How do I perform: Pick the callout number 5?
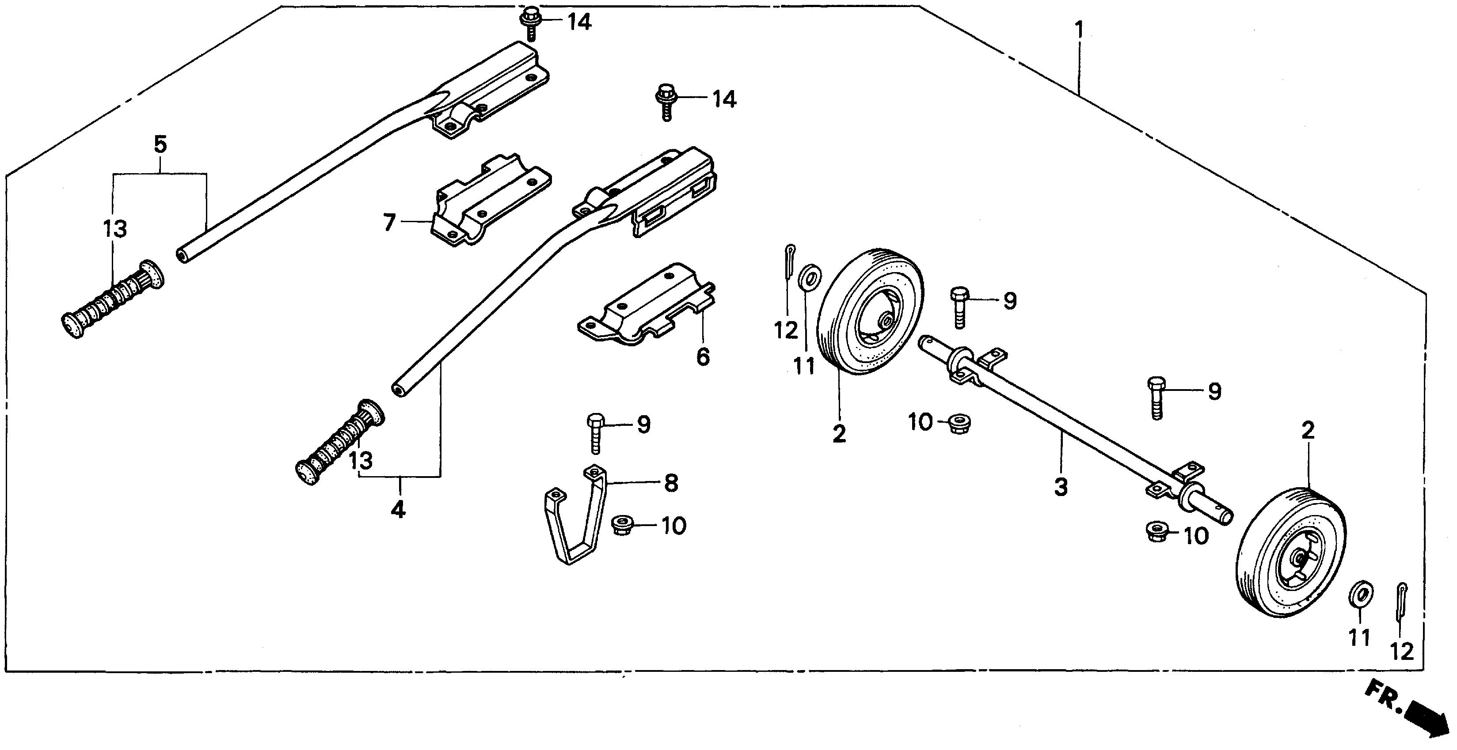tap(160, 145)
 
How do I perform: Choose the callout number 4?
tap(398, 510)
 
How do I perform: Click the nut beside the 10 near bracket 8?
tap(622, 526)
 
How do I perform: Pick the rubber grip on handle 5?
tap(112, 299)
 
